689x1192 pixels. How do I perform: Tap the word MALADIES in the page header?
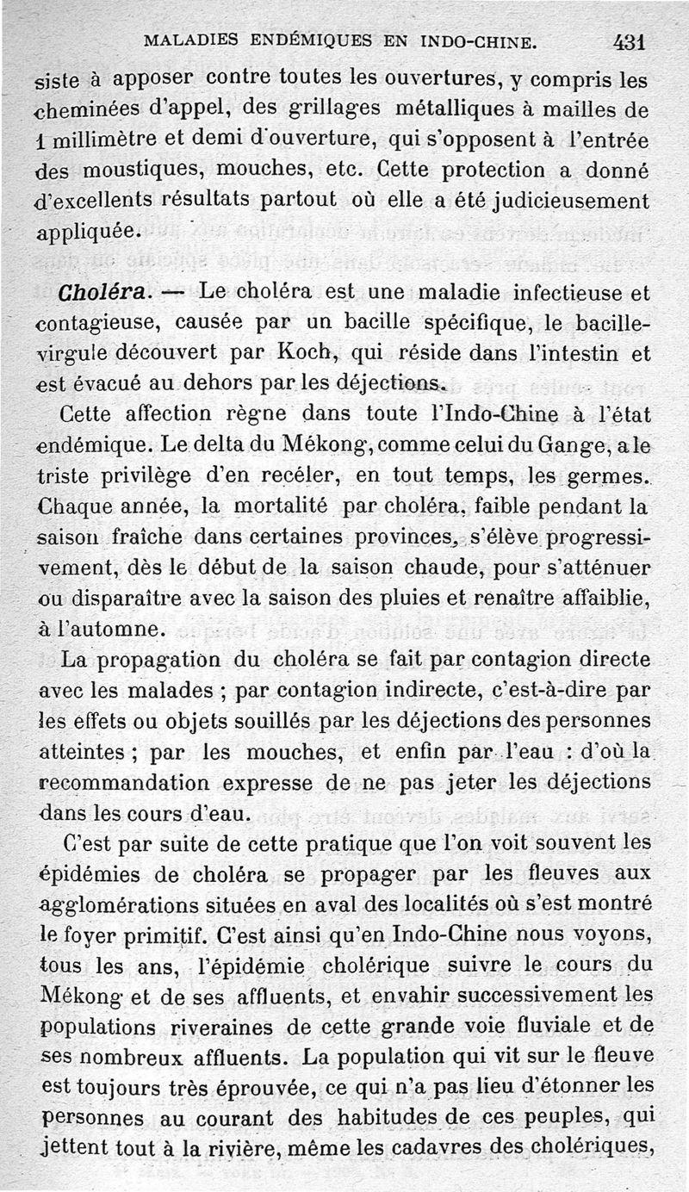[187, 40]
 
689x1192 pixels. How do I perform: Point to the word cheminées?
[96, 109]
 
